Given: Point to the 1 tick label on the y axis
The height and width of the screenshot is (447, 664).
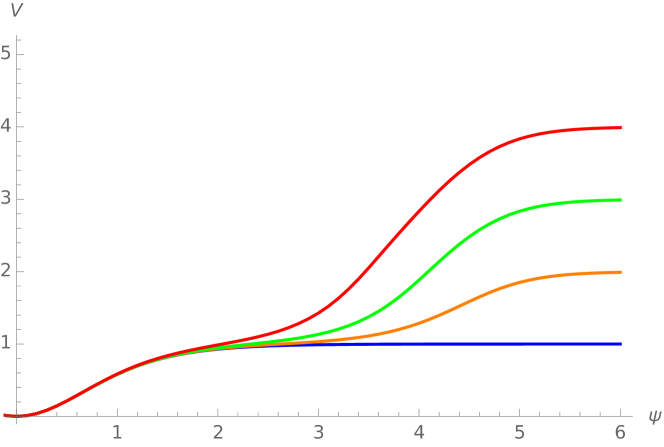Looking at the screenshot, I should pos(6,343).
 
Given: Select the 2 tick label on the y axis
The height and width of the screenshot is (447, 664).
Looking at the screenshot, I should pos(6,271).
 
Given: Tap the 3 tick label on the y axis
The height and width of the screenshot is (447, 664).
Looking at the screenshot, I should pos(6,198).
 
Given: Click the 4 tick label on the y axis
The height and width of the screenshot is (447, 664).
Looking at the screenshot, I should pos(6,126).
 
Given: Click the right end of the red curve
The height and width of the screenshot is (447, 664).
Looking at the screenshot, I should pos(621,127).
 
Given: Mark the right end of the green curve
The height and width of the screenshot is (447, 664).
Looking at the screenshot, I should pos(621,200).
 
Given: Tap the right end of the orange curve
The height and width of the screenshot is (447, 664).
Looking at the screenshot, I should pos(621,272).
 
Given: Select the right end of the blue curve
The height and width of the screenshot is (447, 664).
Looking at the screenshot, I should pos(621,344).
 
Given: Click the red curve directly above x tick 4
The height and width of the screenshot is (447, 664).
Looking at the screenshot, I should pos(419,214).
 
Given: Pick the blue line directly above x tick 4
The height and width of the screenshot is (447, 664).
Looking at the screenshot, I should pos(419,344).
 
